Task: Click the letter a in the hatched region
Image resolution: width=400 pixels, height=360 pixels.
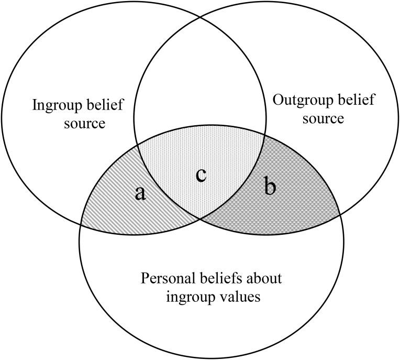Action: pyautogui.click(x=140, y=193)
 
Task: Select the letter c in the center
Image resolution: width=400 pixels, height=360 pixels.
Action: pyautogui.click(x=201, y=175)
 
